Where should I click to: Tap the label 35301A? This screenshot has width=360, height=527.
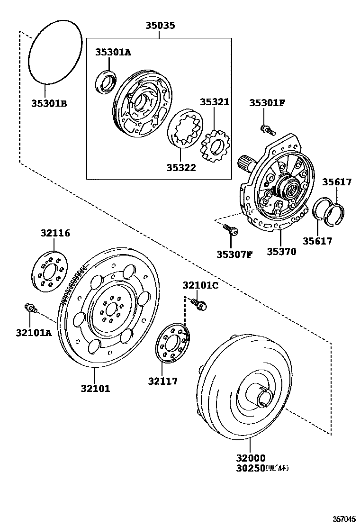(112, 52)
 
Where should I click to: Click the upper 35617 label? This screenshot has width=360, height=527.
(337, 182)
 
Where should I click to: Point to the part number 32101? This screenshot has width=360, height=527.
(95, 389)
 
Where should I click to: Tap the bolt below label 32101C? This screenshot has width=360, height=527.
(199, 304)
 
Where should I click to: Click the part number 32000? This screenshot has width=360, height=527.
(250, 458)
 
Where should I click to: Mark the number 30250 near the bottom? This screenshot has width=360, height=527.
(250, 469)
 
